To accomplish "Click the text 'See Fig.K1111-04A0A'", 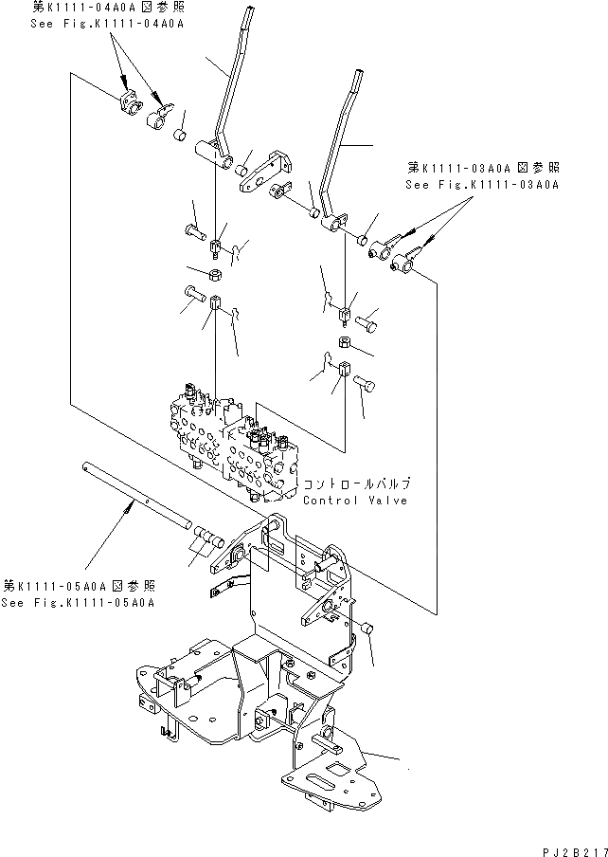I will [x=102, y=24].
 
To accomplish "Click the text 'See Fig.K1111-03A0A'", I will [x=482, y=185].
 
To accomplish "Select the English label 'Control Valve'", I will [x=355, y=500].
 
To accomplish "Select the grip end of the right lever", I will [x=360, y=81].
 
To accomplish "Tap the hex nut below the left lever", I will [x=215, y=275].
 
